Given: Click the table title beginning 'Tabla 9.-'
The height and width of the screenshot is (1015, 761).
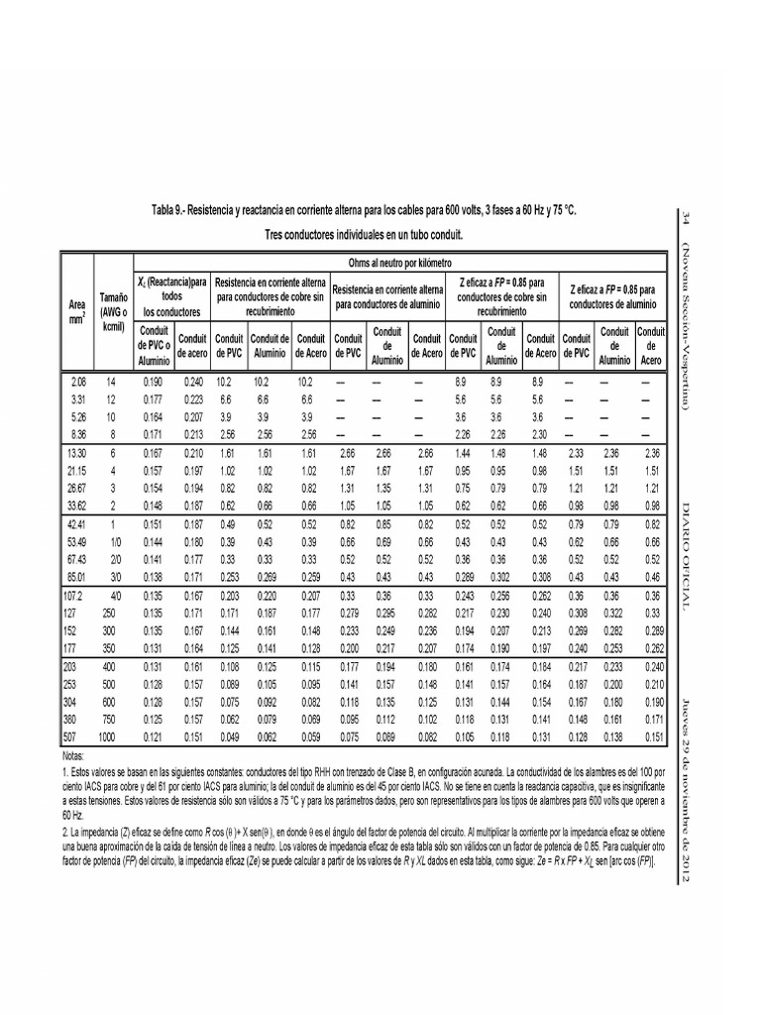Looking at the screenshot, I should click(x=363, y=212).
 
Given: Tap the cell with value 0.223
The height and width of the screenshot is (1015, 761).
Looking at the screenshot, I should click(x=190, y=398).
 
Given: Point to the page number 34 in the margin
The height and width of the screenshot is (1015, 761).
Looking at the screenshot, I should click(x=684, y=218).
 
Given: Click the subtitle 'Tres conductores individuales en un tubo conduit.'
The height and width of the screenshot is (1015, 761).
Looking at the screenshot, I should click(x=364, y=236).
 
